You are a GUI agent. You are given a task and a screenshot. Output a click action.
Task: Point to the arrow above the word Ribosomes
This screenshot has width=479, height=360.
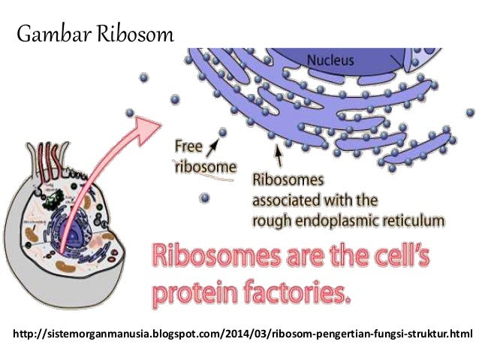(279, 155)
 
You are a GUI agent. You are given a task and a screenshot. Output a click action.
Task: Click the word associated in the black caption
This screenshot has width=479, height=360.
(292, 201)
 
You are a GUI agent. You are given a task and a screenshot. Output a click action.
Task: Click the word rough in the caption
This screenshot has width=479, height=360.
(271, 220)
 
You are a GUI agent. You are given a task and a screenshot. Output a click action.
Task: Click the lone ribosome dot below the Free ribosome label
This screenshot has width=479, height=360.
(204, 198)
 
